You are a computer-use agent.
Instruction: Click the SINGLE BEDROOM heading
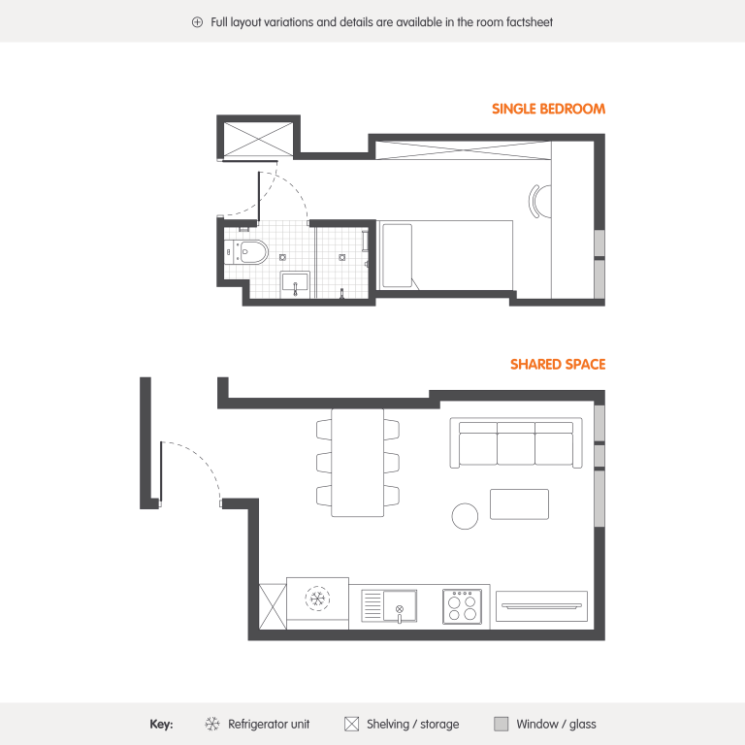[548, 109]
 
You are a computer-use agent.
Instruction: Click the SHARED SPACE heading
[558, 365]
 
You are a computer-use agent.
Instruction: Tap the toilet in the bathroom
[247, 251]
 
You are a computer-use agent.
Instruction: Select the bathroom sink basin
[295, 284]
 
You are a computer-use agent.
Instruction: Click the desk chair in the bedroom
[535, 201]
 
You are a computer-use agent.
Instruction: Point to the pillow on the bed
[397, 256]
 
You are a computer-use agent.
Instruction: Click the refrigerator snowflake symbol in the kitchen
[317, 599]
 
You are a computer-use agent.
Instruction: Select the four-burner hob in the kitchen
[462, 606]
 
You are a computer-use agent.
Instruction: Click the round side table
[466, 516]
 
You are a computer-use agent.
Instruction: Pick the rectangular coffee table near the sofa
[519, 504]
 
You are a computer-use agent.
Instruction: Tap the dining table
[357, 463]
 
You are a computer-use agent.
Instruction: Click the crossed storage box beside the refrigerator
[273, 606]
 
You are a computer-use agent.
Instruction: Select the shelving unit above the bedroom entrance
[258, 139]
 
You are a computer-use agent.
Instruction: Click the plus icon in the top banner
[197, 22]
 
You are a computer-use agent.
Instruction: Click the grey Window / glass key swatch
[502, 724]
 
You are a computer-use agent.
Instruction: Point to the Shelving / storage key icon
[351, 724]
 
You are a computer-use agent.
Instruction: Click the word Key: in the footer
[161, 724]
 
